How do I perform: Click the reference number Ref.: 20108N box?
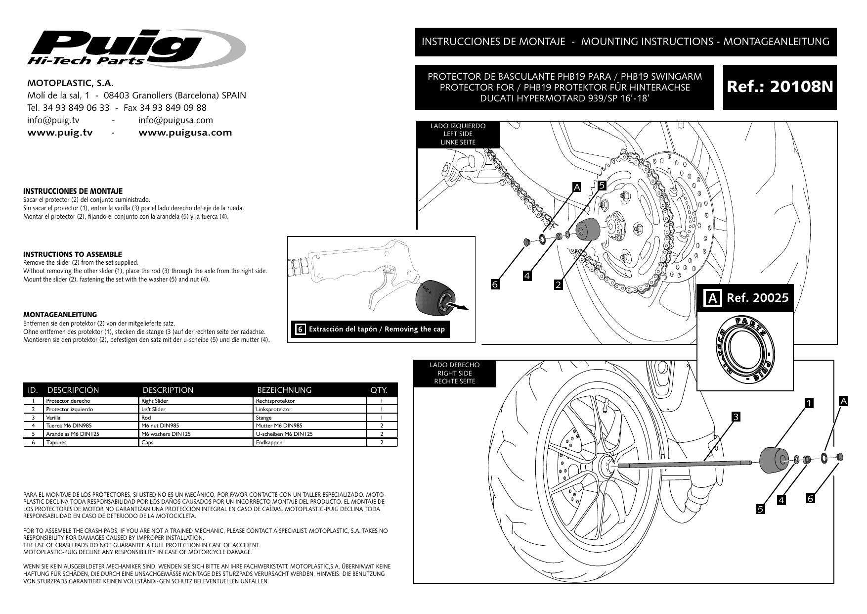tap(780, 87)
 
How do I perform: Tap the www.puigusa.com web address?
tap(185, 133)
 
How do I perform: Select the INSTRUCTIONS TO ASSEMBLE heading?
tap(73, 254)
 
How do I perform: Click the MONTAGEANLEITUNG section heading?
tap(60, 315)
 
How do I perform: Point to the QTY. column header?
tap(379, 390)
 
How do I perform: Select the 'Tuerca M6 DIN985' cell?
tap(69, 425)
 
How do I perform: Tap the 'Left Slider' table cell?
tap(153, 409)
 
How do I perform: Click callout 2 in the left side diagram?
tap(559, 285)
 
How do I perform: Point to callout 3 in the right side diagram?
tap(736, 417)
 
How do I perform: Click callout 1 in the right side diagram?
tap(809, 403)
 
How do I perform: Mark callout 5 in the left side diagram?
tap(602, 186)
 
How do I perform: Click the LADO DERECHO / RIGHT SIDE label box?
tap(455, 373)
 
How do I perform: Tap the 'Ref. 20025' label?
tap(757, 298)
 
